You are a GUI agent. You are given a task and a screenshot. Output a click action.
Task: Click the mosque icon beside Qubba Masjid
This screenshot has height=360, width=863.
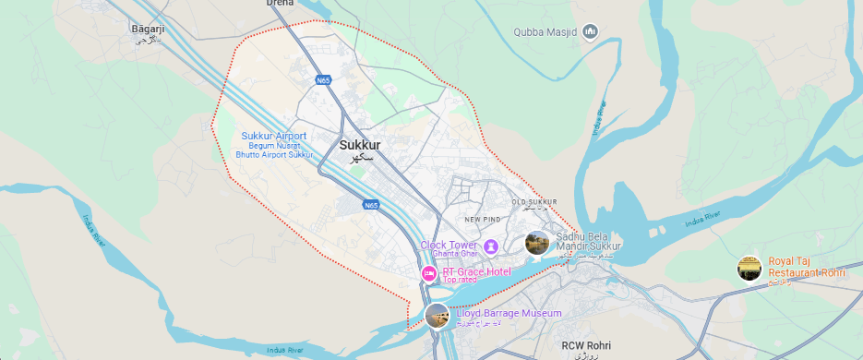591,34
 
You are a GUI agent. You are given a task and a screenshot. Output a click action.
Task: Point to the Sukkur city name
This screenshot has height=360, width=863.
360,145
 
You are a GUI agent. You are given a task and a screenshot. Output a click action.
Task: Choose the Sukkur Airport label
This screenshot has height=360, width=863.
274,136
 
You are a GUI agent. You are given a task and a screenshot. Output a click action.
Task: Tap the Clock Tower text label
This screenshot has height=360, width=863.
450,245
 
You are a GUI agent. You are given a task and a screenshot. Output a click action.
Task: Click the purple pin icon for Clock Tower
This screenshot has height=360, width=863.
491,246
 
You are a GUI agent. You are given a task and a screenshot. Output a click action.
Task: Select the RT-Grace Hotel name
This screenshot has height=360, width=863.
476,272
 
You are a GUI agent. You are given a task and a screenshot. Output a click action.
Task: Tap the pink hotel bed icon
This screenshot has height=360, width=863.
429,273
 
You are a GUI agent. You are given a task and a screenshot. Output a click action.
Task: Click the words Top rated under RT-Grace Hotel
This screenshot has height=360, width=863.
462,281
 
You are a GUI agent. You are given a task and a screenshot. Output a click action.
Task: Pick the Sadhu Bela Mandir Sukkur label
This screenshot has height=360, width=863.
589,242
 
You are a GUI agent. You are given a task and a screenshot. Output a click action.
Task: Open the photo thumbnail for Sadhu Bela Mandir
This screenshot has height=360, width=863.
536,243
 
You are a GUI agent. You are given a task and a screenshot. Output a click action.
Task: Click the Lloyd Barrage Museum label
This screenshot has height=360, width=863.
509,314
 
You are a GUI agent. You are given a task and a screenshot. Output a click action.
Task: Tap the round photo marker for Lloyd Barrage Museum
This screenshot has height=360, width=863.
437,316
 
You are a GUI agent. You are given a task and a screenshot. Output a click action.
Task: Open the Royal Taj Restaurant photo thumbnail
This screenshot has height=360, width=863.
749,269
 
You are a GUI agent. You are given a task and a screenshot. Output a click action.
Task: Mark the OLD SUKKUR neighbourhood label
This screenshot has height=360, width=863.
533,201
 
